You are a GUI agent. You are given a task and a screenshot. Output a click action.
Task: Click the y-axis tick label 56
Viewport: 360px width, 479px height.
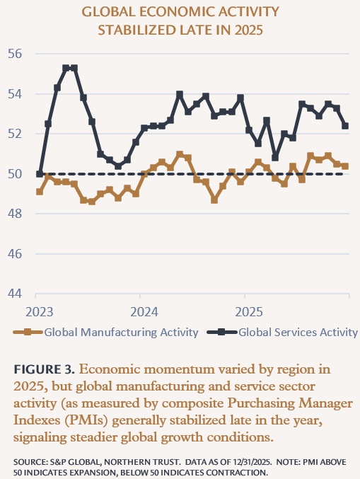[x=16, y=54]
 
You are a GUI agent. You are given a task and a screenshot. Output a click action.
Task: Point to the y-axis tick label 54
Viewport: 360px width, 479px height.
[x=16, y=94]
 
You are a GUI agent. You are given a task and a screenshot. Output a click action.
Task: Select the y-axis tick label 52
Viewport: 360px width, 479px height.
[x=16, y=134]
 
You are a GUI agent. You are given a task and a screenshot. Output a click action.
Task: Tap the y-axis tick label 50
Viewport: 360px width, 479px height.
[x=16, y=174]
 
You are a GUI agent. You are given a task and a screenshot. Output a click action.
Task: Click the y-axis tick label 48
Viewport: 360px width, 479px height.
[x=16, y=214]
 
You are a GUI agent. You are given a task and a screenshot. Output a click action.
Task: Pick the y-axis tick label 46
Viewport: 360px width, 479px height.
[x=16, y=254]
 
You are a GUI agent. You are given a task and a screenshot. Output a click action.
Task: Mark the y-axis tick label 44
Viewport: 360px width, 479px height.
[x=16, y=294]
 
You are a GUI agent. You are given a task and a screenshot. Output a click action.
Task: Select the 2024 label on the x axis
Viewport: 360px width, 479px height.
[x=144, y=312]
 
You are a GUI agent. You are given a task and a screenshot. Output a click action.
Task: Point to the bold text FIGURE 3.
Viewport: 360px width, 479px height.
[x=45, y=369]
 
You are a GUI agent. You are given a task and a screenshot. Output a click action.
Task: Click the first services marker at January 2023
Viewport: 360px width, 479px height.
[x=40, y=174]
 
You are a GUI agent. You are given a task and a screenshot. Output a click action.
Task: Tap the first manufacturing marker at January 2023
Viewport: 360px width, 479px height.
[x=40, y=192]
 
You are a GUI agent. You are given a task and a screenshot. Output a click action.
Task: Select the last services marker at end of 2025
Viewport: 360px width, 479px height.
[x=345, y=126]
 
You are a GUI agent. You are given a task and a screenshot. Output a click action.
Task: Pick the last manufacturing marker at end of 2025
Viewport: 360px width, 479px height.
[x=345, y=166]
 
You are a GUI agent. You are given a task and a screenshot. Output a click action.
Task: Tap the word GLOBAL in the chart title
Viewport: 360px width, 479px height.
[x=113, y=12]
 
